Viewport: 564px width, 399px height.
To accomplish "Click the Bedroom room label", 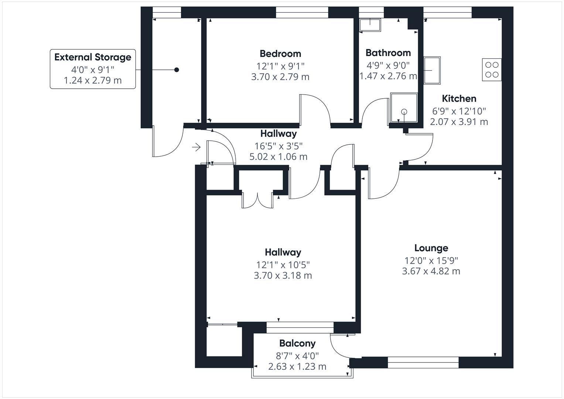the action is [x=280, y=54].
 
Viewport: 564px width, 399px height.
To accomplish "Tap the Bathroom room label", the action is [x=388, y=53].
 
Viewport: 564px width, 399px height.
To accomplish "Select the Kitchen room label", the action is [x=459, y=99].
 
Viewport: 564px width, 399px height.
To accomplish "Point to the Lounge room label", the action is [x=431, y=248].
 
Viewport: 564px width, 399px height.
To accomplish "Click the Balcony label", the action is [x=297, y=344].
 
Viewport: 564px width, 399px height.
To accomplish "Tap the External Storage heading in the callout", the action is [x=93, y=57].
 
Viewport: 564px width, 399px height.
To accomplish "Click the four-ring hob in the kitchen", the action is [x=492, y=69].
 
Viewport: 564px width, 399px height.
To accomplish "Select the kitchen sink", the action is [x=432, y=70].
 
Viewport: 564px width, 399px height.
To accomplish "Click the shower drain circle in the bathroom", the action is [x=404, y=111].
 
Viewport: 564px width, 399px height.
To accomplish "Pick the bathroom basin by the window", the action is [x=370, y=25].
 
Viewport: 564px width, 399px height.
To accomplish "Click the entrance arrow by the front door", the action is [x=196, y=147].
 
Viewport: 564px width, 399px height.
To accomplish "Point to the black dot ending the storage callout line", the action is [x=177, y=69].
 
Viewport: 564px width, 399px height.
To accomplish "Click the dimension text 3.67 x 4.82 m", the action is [x=431, y=271].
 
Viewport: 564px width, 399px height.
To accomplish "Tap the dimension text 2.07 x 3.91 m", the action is [x=459, y=122].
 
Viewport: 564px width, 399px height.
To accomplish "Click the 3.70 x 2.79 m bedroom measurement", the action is [x=280, y=77].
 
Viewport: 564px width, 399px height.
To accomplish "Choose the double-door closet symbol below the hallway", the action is [x=257, y=199].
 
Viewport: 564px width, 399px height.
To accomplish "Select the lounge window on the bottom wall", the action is [x=423, y=362].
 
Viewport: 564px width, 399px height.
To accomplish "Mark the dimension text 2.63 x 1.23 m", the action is [x=297, y=366].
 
